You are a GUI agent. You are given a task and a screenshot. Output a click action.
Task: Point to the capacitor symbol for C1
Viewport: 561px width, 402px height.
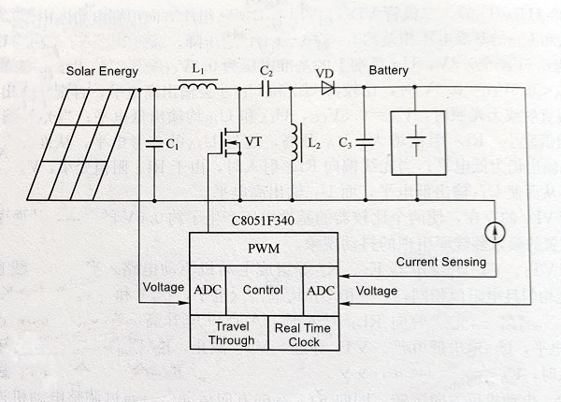point(153,144)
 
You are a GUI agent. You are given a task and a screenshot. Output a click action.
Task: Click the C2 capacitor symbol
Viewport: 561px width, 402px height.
point(266,90)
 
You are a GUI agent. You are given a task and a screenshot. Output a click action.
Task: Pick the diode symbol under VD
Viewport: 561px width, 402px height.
point(327,90)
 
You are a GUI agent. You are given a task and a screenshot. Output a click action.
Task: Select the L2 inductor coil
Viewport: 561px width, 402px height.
point(295,143)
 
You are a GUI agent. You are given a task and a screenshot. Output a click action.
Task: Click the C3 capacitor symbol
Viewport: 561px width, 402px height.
point(363,144)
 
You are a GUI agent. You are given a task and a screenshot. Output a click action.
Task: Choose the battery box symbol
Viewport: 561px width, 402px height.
point(413,144)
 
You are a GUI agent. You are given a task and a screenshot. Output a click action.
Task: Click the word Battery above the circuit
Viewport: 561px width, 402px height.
point(389,71)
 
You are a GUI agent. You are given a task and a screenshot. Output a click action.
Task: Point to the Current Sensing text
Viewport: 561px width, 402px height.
point(440,262)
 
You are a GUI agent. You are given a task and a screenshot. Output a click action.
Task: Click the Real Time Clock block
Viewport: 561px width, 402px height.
point(297,334)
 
